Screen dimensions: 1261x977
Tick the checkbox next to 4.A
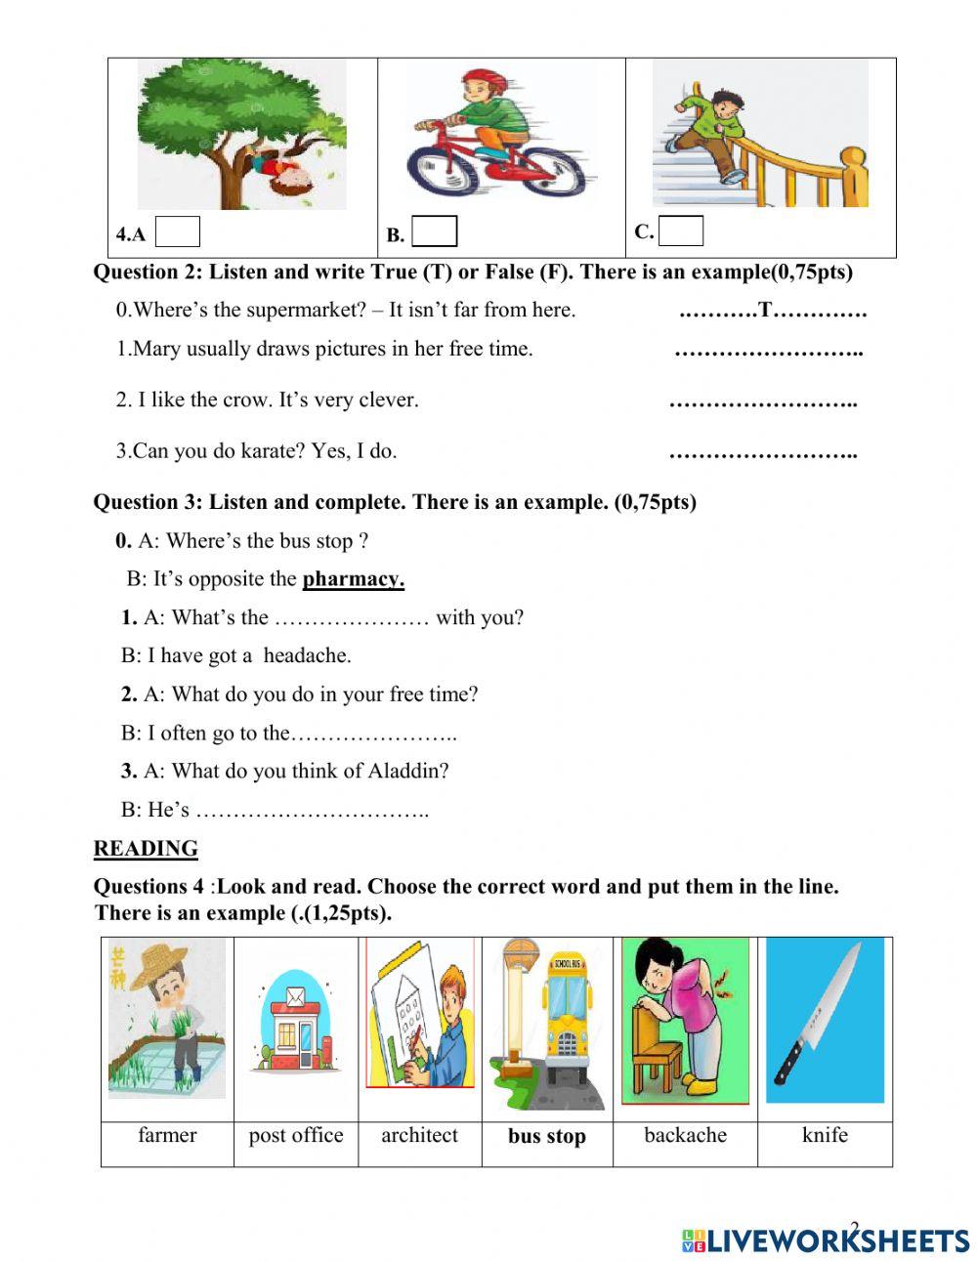(x=178, y=231)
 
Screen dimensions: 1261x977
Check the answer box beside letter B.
(x=434, y=231)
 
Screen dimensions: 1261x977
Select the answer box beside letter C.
(x=681, y=231)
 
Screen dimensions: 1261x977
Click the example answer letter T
(x=766, y=311)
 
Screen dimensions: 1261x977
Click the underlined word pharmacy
(x=353, y=579)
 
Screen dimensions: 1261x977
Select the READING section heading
(x=146, y=848)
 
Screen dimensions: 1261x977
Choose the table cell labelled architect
(x=419, y=1136)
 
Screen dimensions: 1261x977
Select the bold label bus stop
(x=546, y=1137)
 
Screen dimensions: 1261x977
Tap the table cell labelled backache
(x=685, y=1136)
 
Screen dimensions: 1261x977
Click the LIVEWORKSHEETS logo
(x=826, y=1240)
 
